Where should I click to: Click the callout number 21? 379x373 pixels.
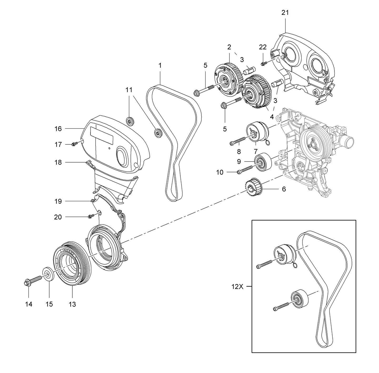coord(285,13)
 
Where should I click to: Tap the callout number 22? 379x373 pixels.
coord(263,47)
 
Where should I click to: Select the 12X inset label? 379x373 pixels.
coord(238,287)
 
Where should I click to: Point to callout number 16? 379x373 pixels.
coord(58,129)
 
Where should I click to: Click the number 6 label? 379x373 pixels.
coord(284,189)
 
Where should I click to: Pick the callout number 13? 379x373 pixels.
coord(72,304)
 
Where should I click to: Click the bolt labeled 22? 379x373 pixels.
coord(264,63)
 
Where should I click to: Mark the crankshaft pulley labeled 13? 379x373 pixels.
coord(72,266)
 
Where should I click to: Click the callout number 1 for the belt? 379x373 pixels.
coord(160,65)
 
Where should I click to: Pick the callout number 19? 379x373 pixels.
coord(58,201)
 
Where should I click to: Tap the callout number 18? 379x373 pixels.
coord(58,163)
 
